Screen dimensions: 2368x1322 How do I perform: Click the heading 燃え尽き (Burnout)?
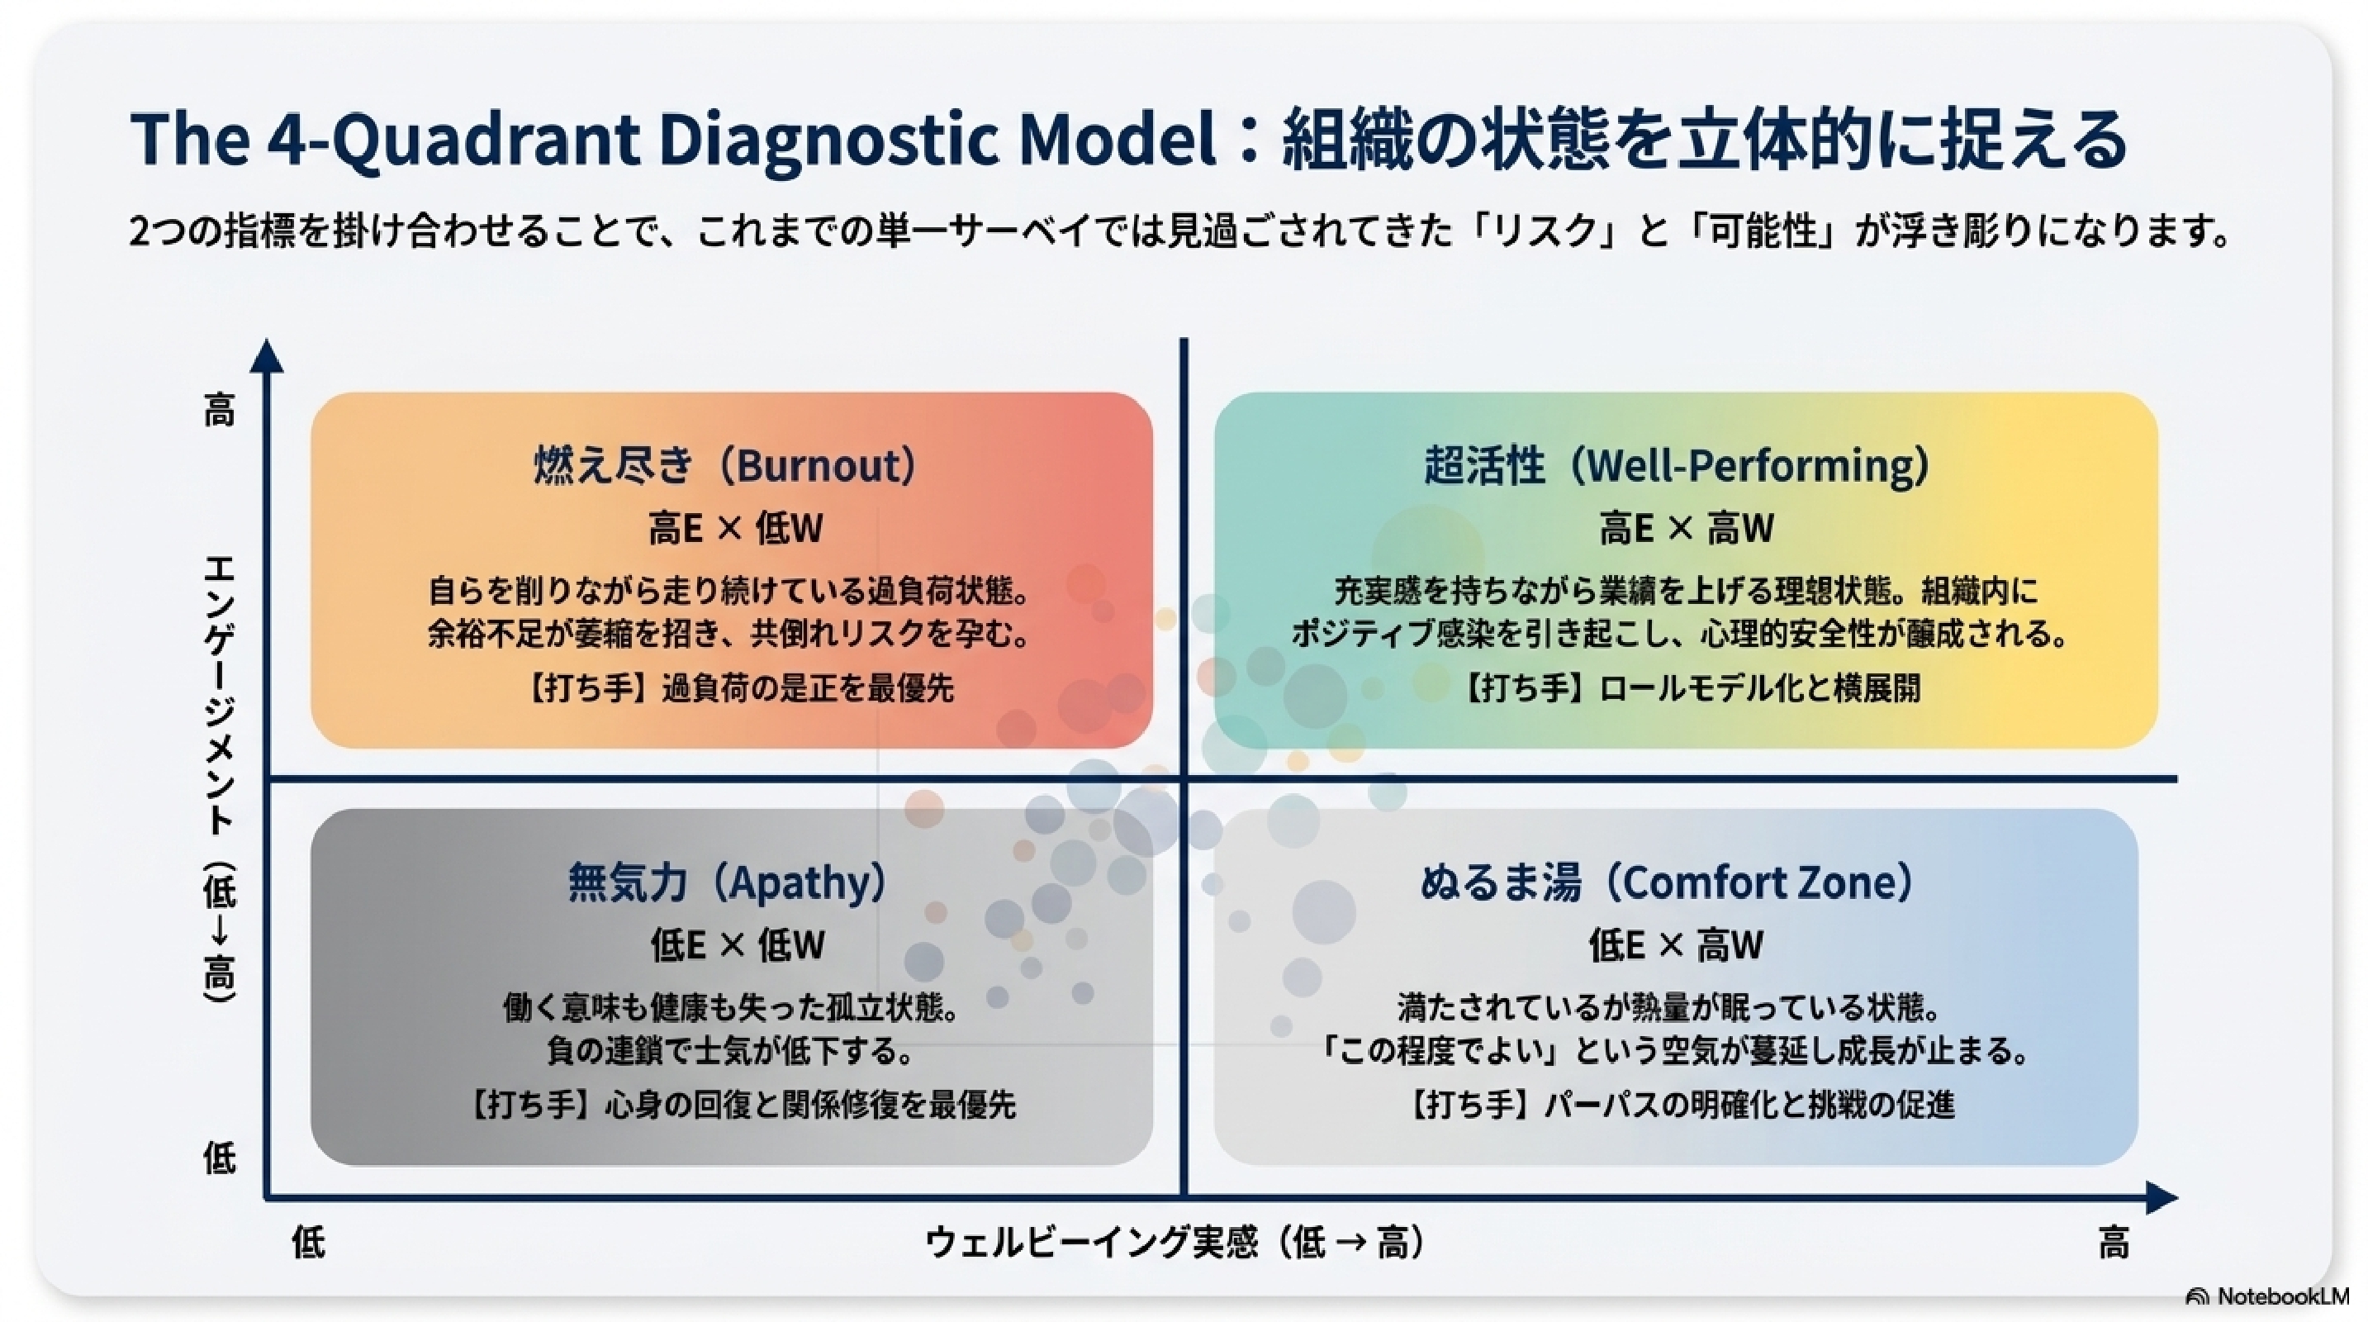(x=725, y=465)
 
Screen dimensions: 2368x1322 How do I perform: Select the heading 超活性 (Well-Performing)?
(x=1677, y=465)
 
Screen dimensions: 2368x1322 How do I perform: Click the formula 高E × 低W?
(x=735, y=529)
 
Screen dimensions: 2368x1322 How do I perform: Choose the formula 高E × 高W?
(x=1686, y=529)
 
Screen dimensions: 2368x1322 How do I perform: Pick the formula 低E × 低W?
(x=738, y=945)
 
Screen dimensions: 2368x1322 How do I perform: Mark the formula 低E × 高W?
(x=1676, y=945)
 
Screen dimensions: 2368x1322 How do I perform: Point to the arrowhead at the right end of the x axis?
(x=2162, y=1198)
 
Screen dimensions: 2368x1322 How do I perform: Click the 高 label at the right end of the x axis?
(x=2114, y=1244)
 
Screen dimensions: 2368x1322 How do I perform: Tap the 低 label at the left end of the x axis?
(x=308, y=1244)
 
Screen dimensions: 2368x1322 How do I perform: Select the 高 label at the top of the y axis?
(x=219, y=410)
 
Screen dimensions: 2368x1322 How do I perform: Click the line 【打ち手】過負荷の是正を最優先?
(x=738, y=687)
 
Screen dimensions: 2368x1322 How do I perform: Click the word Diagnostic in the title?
(x=825, y=139)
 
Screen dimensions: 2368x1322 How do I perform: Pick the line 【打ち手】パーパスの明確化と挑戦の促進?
(x=1678, y=1104)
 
